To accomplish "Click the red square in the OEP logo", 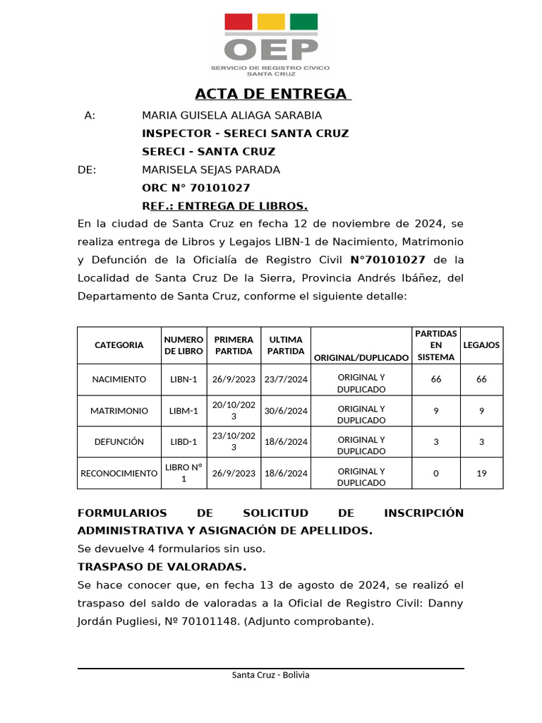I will [238, 22].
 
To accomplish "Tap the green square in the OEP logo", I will [303, 22].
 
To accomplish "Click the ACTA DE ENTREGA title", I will [272, 94].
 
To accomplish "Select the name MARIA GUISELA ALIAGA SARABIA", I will [231, 115].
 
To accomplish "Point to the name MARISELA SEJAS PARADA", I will [211, 169].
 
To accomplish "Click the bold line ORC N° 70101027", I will [195, 188].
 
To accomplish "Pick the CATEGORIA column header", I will [119, 345].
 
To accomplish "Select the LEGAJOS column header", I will [481, 345].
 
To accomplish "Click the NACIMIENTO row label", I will [119, 380].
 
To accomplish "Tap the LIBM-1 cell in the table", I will [183, 411].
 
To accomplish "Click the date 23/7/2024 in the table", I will [285, 380].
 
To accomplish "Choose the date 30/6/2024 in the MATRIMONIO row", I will [285, 411].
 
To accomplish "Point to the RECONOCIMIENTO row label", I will [119, 473].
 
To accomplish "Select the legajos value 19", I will [481, 473].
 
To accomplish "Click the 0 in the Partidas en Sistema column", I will [435, 473].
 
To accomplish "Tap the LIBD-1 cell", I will [183, 442].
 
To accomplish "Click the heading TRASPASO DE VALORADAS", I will [162, 567].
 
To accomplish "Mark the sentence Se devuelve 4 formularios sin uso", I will [171, 549].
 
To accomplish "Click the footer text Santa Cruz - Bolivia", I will [270, 675].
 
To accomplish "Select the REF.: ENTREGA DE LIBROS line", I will [224, 206].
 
